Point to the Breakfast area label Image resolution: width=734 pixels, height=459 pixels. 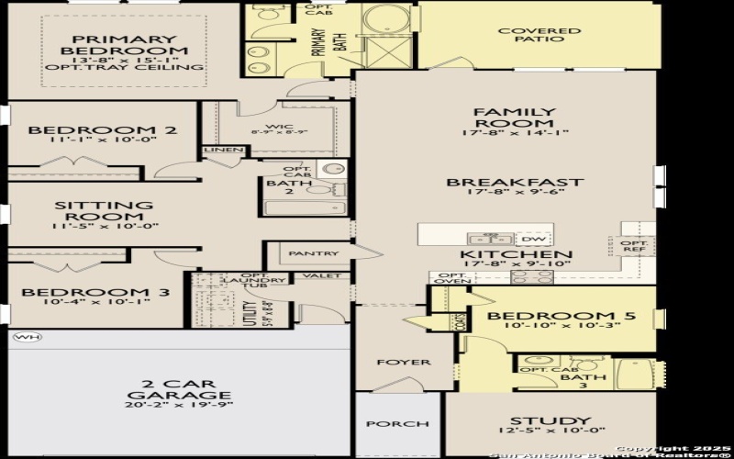(514, 182)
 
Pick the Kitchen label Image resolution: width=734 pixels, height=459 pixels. (517, 254)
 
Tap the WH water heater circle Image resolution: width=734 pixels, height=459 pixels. (28, 337)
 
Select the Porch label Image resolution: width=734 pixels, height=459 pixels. (397, 424)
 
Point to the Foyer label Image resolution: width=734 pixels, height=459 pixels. (403, 363)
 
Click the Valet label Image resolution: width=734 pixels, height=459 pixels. (328, 275)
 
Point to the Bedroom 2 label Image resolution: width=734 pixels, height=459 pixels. (100, 130)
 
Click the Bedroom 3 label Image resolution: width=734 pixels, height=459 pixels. (95, 293)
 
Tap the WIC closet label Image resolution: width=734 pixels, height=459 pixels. (278, 127)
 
